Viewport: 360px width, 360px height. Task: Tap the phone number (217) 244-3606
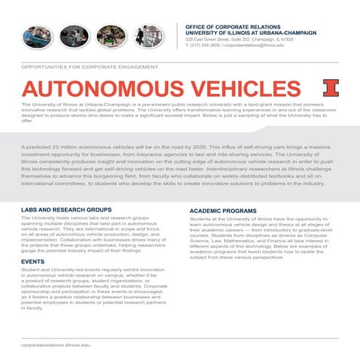tap(205, 45)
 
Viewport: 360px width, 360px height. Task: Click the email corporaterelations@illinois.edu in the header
tap(255, 45)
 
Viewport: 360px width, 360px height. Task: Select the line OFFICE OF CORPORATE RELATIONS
tap(234, 25)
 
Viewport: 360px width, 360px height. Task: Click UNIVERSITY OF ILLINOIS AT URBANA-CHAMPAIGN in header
tap(252, 33)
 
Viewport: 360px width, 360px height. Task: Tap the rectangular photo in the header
tap(149, 36)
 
